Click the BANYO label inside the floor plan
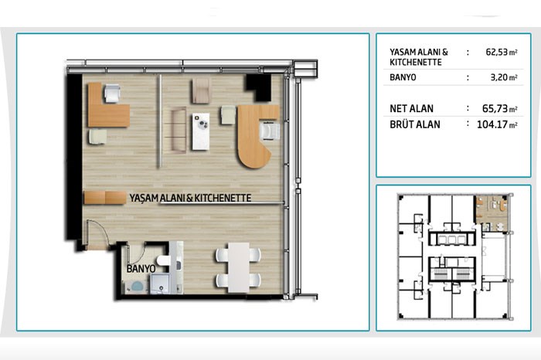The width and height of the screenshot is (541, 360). tap(141, 269)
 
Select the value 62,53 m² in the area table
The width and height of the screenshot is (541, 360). tap(502, 52)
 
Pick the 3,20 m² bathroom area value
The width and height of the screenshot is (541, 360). tap(504, 77)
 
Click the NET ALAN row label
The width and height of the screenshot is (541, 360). tap(411, 109)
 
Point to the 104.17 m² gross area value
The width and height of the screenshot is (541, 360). tap(497, 124)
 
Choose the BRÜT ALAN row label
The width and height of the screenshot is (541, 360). tap(415, 124)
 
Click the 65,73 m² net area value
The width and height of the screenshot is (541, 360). tap(500, 109)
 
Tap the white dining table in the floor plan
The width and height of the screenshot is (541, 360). tap(238, 267)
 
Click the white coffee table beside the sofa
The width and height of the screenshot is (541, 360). tap(200, 131)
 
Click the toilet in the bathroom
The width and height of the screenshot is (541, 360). tap(163, 260)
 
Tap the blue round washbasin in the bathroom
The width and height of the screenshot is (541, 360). tap(137, 287)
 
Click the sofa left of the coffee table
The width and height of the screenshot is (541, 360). tap(179, 130)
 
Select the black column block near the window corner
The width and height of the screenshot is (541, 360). tap(259, 87)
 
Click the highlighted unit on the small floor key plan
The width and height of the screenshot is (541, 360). tap(492, 213)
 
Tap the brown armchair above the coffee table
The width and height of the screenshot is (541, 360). tap(201, 90)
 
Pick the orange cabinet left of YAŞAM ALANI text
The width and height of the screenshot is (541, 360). tap(105, 198)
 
